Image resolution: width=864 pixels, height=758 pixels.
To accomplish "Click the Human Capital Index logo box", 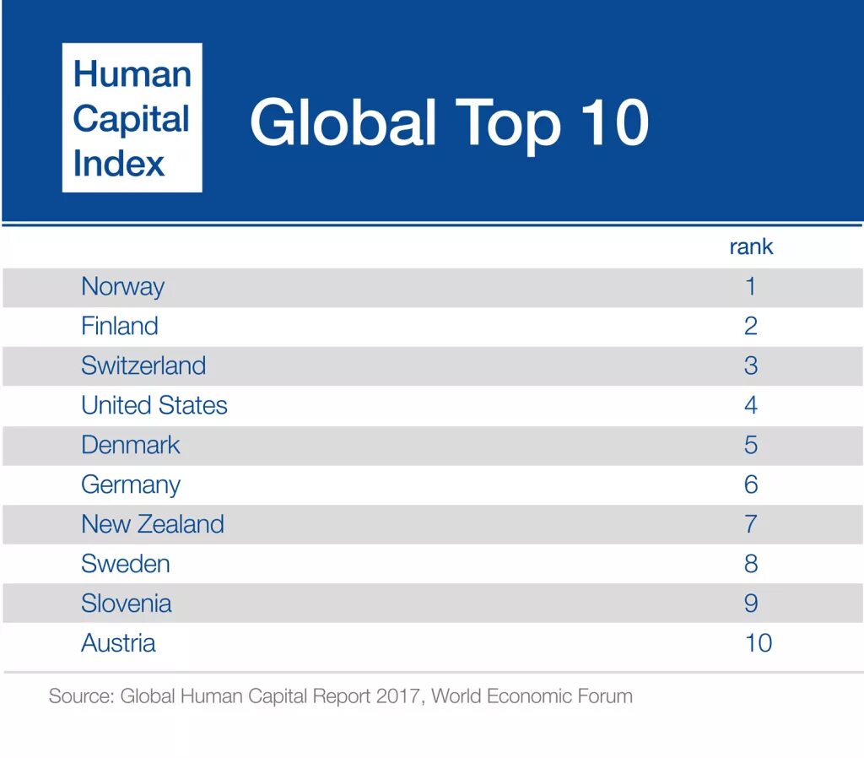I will click(x=132, y=117).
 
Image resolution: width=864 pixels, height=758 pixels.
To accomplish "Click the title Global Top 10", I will click(x=449, y=122).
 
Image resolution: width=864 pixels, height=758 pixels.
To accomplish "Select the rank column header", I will click(x=750, y=247).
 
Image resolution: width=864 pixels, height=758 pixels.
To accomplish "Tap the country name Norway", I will click(x=122, y=287).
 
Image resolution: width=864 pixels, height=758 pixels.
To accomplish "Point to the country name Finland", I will click(x=119, y=326).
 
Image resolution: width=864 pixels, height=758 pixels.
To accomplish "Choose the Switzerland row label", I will click(x=143, y=365).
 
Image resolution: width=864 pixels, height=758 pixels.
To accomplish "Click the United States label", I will click(x=154, y=405).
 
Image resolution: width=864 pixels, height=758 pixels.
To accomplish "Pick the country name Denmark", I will click(x=130, y=445).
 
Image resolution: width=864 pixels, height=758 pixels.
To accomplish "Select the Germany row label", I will click(x=130, y=485).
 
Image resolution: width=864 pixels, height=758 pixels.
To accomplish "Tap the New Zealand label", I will click(x=153, y=524).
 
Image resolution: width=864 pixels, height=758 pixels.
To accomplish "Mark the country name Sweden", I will click(x=125, y=564).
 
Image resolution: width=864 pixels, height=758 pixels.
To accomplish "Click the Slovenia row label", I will click(x=126, y=604).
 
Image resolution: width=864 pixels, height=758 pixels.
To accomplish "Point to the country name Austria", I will click(x=118, y=643).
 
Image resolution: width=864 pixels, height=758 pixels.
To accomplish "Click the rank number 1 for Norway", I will click(x=750, y=287).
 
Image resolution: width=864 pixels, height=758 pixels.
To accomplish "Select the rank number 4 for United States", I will click(x=750, y=405).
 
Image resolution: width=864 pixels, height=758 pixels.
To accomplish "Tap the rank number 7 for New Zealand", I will click(x=750, y=524).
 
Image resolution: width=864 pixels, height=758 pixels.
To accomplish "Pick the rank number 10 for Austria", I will click(x=758, y=643).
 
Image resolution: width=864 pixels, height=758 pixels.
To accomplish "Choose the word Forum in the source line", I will click(x=604, y=696).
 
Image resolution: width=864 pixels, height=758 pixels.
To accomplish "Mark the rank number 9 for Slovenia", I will click(x=750, y=604).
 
